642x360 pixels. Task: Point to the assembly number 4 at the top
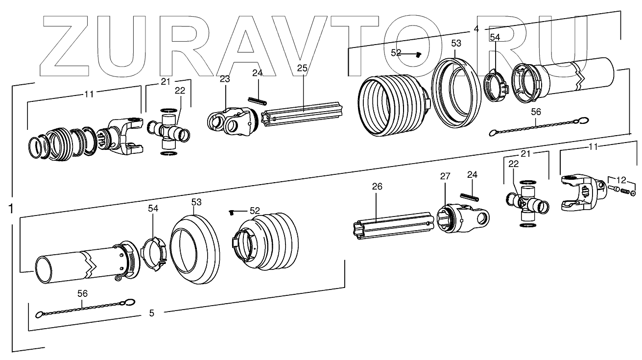coord(476,29)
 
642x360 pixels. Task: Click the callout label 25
coord(302,69)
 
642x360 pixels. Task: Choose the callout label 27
coord(444,176)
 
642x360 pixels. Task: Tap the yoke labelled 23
coord(230,120)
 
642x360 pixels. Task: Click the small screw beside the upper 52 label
coord(418,55)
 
